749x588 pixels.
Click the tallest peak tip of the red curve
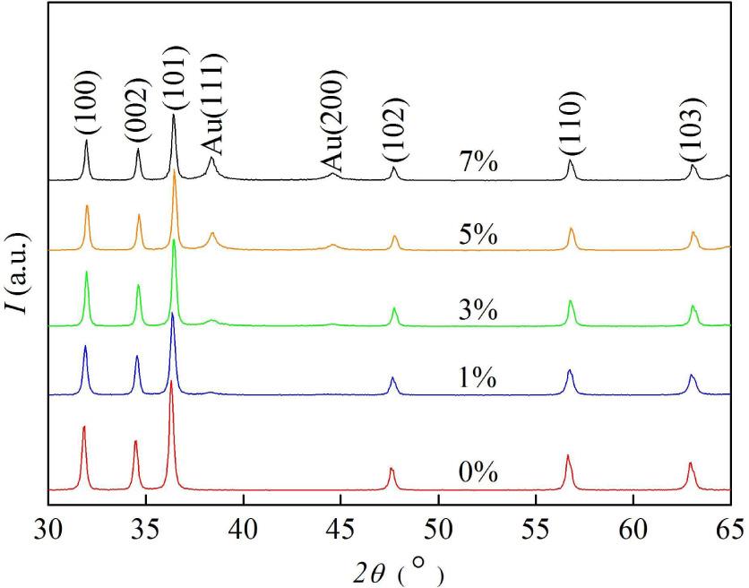[171, 382]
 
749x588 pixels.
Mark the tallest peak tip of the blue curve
[172, 314]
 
